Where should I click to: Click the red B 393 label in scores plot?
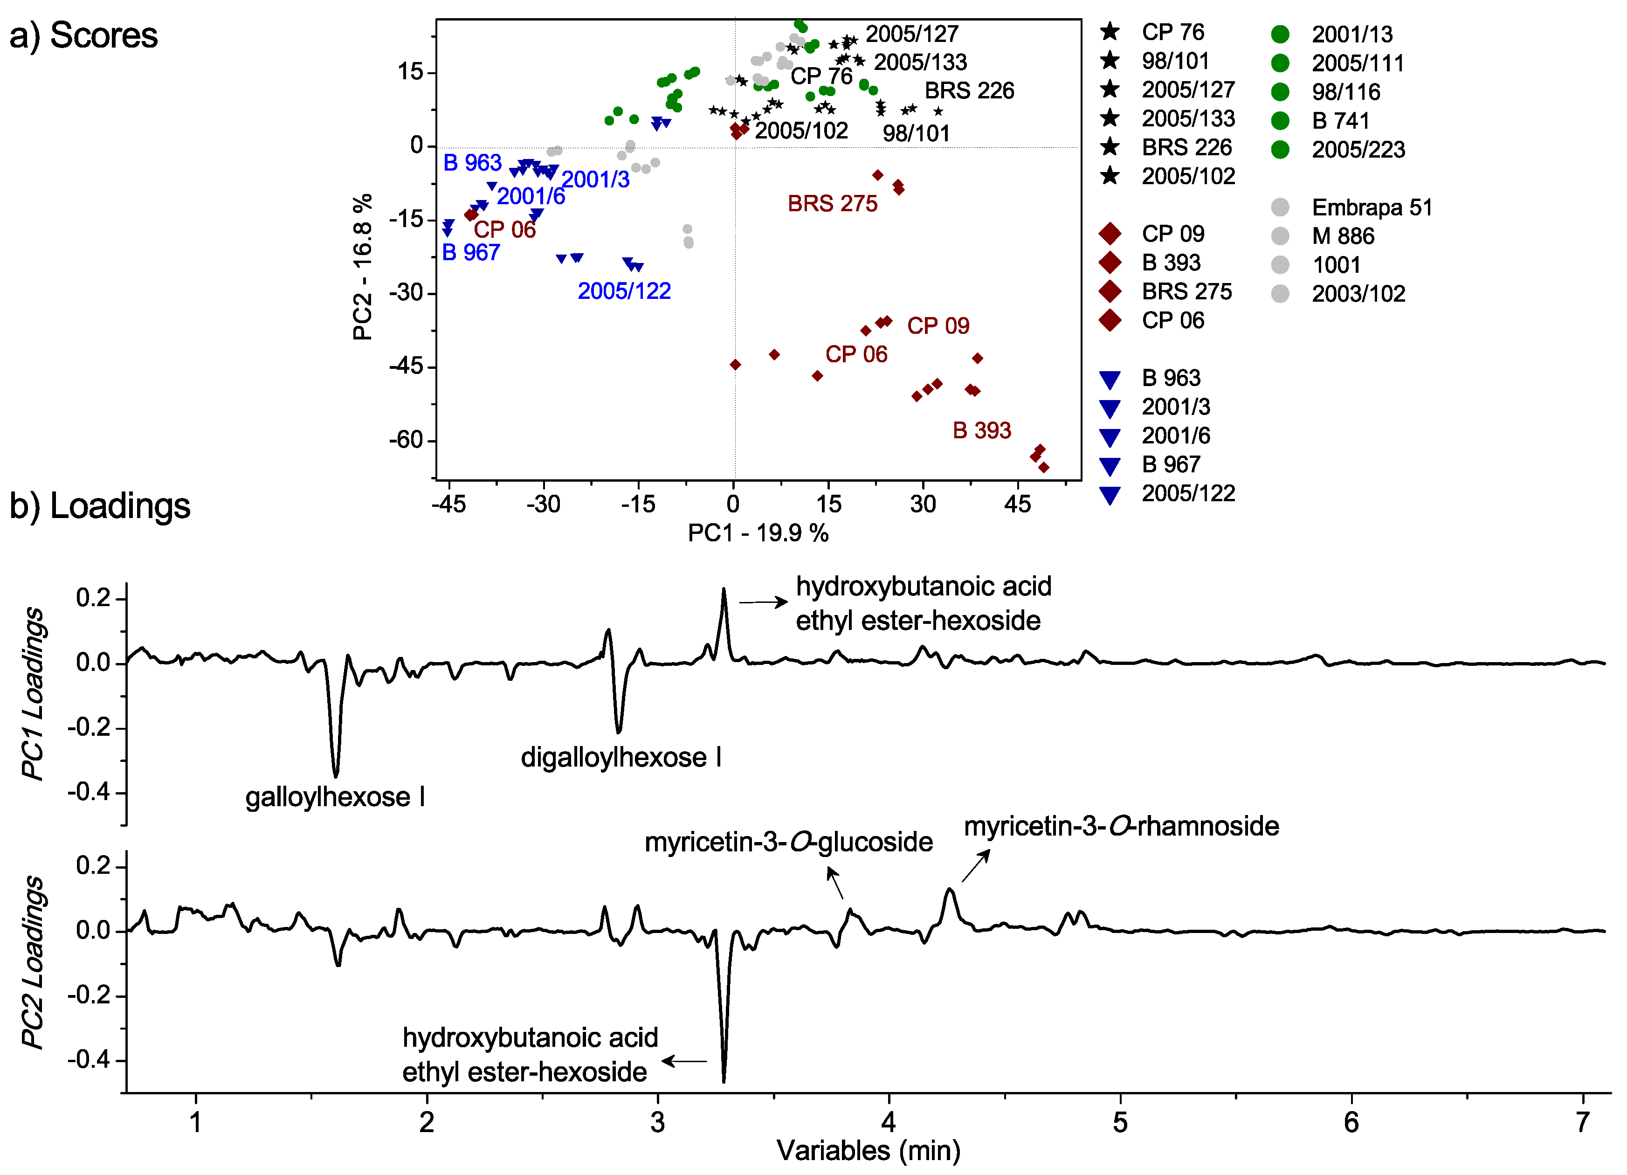981,430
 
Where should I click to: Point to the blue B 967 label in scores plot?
470,253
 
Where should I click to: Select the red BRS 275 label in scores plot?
832,204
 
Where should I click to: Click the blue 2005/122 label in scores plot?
624,291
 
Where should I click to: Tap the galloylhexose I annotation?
335,797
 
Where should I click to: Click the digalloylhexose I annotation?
621,758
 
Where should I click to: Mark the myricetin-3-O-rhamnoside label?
1121,826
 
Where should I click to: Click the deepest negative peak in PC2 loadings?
723,1079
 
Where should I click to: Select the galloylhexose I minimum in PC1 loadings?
335,775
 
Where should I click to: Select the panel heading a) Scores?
83,36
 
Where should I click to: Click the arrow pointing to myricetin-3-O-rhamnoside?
976,866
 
